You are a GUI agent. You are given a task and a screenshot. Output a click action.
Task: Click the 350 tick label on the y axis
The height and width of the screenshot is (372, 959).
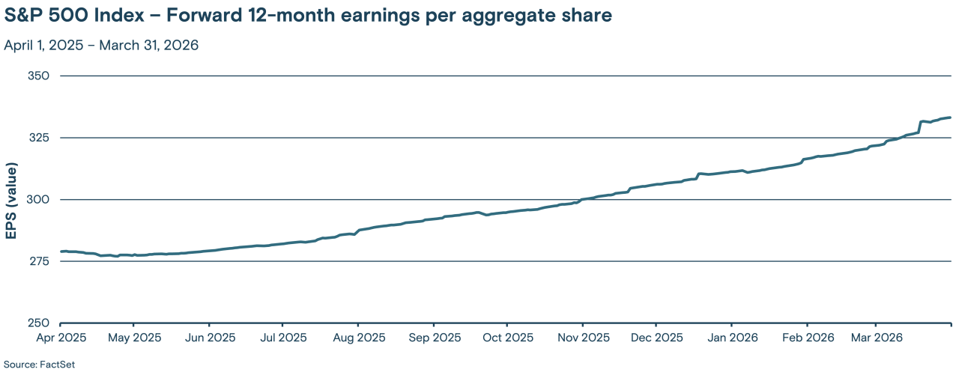[38, 76]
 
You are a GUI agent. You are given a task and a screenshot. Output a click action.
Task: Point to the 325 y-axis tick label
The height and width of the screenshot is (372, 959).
[38, 138]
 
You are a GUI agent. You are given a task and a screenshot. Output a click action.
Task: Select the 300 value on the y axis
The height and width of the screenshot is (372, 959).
[38, 200]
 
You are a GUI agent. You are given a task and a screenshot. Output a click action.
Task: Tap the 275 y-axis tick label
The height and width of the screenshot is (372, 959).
[38, 261]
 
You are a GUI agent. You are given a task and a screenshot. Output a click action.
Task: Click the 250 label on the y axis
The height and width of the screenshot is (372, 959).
[38, 323]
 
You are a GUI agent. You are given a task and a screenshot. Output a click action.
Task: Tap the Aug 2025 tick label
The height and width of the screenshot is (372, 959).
[357, 338]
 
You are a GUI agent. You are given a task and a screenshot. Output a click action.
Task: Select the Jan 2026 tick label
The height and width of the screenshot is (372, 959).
[730, 338]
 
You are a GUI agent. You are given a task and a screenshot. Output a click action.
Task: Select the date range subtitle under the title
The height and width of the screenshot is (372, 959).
[101, 45]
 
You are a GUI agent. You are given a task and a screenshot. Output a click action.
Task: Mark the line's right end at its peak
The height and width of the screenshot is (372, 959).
[950, 118]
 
